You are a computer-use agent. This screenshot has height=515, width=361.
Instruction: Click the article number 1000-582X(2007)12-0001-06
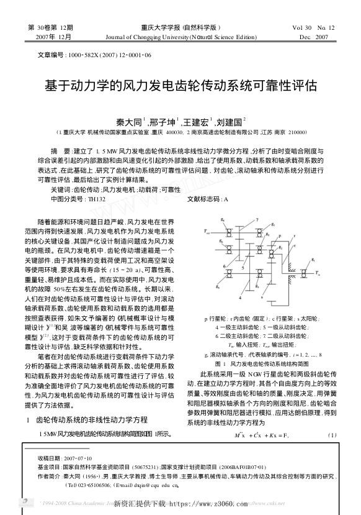114,55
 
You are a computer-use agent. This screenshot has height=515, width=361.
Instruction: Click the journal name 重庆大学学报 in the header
163,27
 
